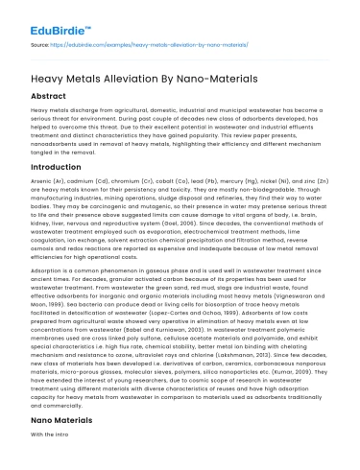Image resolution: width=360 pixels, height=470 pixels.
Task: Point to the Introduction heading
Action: point(58,165)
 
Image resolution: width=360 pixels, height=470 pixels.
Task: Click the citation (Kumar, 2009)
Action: point(289,394)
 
